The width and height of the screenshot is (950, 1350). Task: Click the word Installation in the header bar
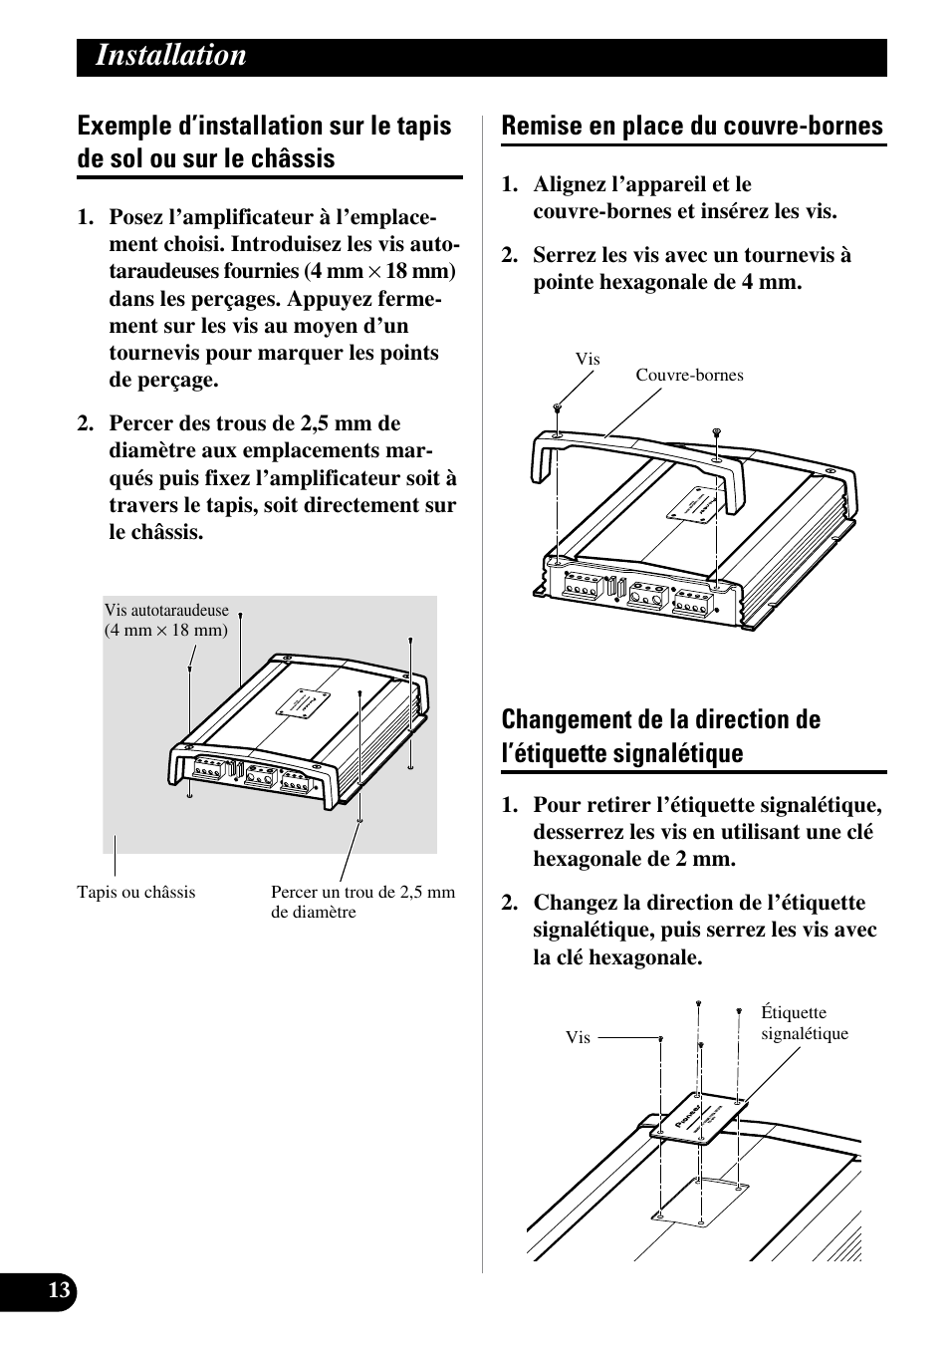pos(171,56)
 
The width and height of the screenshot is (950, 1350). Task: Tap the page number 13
pos(60,1291)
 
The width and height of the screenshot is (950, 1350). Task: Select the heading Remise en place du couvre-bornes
pos(692,126)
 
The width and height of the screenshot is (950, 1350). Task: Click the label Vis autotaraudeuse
pos(166,611)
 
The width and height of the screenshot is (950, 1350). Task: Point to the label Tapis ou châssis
pos(136,892)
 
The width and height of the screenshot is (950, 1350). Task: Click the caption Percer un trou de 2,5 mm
pos(362,893)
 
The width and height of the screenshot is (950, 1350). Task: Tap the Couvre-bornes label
pos(689,376)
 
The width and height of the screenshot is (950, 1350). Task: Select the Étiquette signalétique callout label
pos(804,1023)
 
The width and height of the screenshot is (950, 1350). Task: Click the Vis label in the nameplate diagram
pos(578,1037)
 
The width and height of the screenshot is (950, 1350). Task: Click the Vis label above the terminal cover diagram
pos(588,359)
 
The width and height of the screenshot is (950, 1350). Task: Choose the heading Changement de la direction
pos(661,720)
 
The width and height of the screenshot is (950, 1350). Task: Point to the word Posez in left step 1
pos(136,218)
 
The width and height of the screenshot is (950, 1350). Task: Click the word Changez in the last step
pos(575,903)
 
